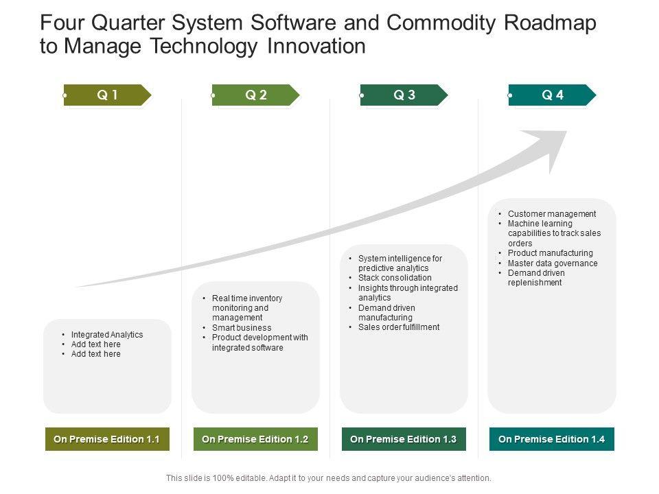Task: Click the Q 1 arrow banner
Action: [x=107, y=95]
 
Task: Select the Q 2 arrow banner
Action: [x=255, y=95]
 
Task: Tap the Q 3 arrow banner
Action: [x=404, y=95]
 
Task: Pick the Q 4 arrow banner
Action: [x=552, y=95]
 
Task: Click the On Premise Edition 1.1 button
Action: [x=106, y=439]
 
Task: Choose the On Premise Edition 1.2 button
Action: [x=255, y=439]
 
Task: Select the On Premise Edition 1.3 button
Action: [x=403, y=439]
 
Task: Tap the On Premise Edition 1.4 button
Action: [x=551, y=439]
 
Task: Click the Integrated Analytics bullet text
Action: [x=107, y=335]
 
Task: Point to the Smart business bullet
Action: [x=242, y=328]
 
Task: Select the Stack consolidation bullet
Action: [x=395, y=278]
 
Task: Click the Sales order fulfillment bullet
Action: [x=399, y=327]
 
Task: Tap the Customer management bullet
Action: [x=552, y=214]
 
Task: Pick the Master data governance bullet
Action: [x=553, y=263]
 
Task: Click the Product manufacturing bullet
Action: [x=550, y=253]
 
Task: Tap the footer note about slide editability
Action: [x=329, y=478]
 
